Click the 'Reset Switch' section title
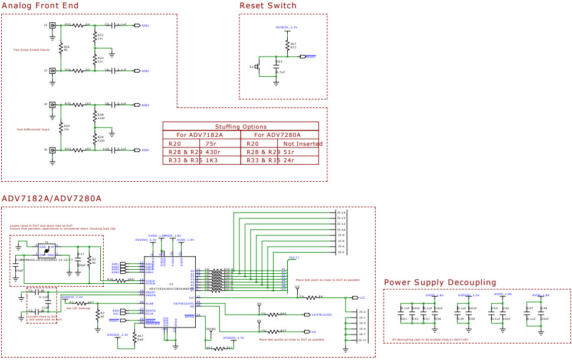point(268,6)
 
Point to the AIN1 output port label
point(145,25)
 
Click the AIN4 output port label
point(145,150)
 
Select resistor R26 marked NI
point(61,47)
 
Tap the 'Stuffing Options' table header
point(241,126)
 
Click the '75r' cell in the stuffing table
point(211,143)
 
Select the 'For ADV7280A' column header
point(280,135)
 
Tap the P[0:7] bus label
point(294,258)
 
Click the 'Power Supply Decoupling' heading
point(440,283)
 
